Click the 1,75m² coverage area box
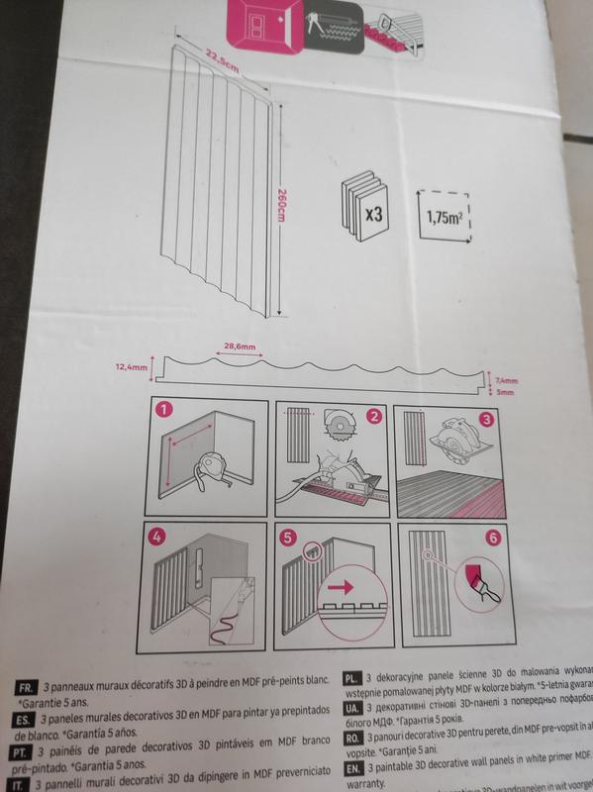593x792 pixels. [x=443, y=217]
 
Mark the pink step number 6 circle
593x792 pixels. [x=493, y=541]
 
